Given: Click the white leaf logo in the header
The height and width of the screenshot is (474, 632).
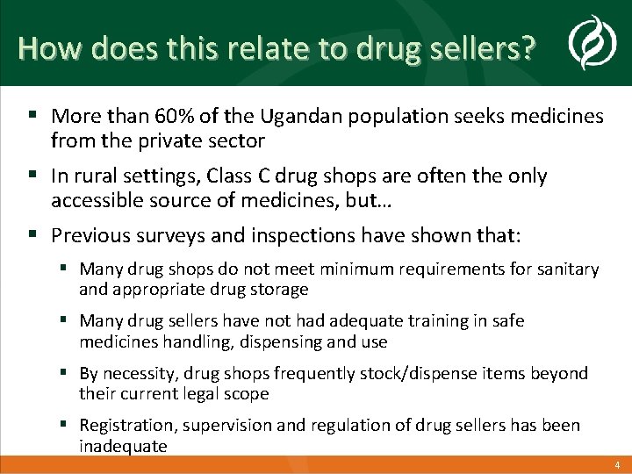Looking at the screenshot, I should pyautogui.click(x=585, y=43).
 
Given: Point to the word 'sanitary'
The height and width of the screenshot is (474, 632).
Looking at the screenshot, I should pyautogui.click(x=566, y=269).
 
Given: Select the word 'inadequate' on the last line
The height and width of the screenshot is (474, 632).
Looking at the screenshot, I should pyautogui.click(x=123, y=446).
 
